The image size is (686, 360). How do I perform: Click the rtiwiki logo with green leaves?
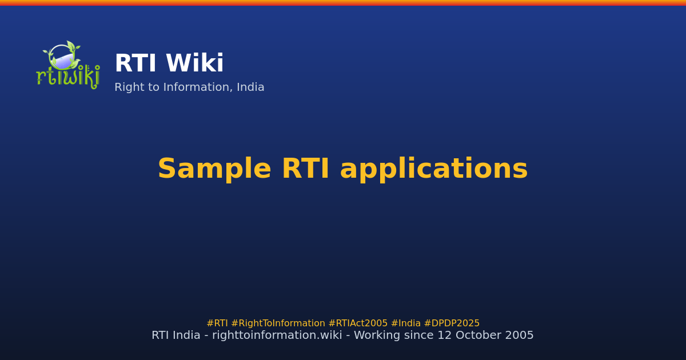point(68,65)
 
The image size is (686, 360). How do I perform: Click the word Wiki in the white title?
point(195,64)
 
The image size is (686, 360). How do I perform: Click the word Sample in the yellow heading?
point(214,170)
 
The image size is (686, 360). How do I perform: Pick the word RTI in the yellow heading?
point(305,170)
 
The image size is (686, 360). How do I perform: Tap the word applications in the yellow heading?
point(433,170)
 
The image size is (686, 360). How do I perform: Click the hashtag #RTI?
point(217,323)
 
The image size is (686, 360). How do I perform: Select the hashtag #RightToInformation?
point(278,323)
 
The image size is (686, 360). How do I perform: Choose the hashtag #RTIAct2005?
point(358,323)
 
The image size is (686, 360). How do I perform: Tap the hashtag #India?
point(405,323)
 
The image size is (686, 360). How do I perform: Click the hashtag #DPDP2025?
point(452,323)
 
